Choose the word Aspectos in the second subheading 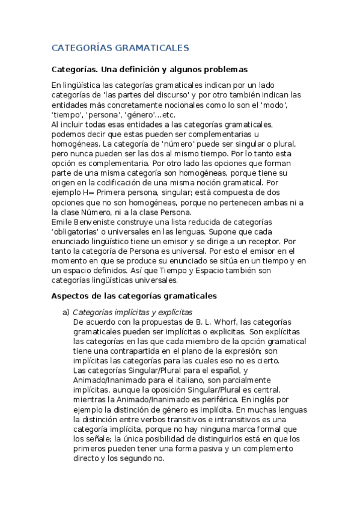70,296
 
